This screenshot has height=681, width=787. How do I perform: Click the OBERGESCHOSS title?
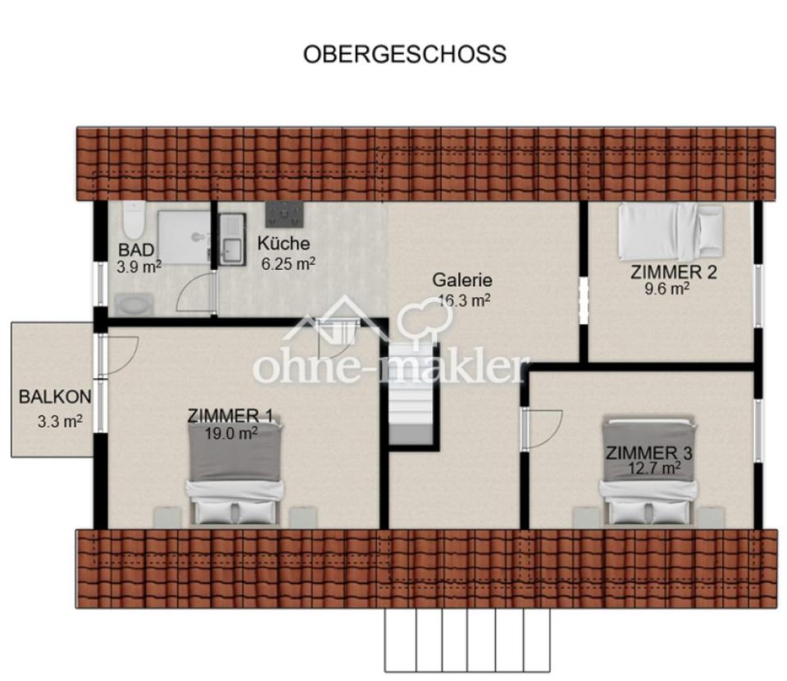[405, 54]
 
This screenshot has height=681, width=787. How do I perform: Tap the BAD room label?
[135, 250]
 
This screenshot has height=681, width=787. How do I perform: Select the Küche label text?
[284, 244]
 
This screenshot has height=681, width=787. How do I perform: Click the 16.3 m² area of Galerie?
[464, 300]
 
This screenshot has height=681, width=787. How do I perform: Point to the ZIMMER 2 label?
[673, 272]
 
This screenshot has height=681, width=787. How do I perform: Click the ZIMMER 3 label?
[649, 453]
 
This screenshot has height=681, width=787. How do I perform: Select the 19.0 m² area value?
[231, 434]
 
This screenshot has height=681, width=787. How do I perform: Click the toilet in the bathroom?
[133, 219]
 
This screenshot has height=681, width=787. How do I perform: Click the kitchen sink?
[232, 240]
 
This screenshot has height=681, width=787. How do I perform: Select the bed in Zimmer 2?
[670, 231]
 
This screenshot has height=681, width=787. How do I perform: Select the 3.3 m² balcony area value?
[59, 423]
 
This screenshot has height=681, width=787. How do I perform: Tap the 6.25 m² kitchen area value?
[288, 263]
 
